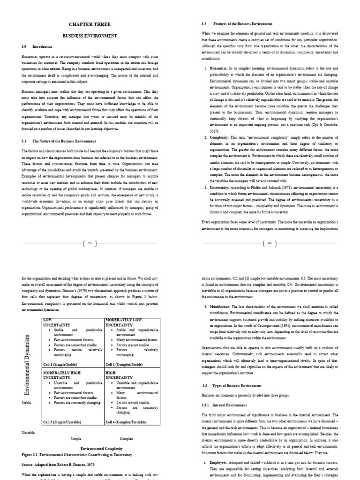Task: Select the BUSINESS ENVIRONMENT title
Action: pos(90,35)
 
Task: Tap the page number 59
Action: pos(90,243)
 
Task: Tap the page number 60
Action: pos(270,243)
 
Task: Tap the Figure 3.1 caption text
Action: pos(77,455)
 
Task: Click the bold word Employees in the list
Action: pos(224,462)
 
